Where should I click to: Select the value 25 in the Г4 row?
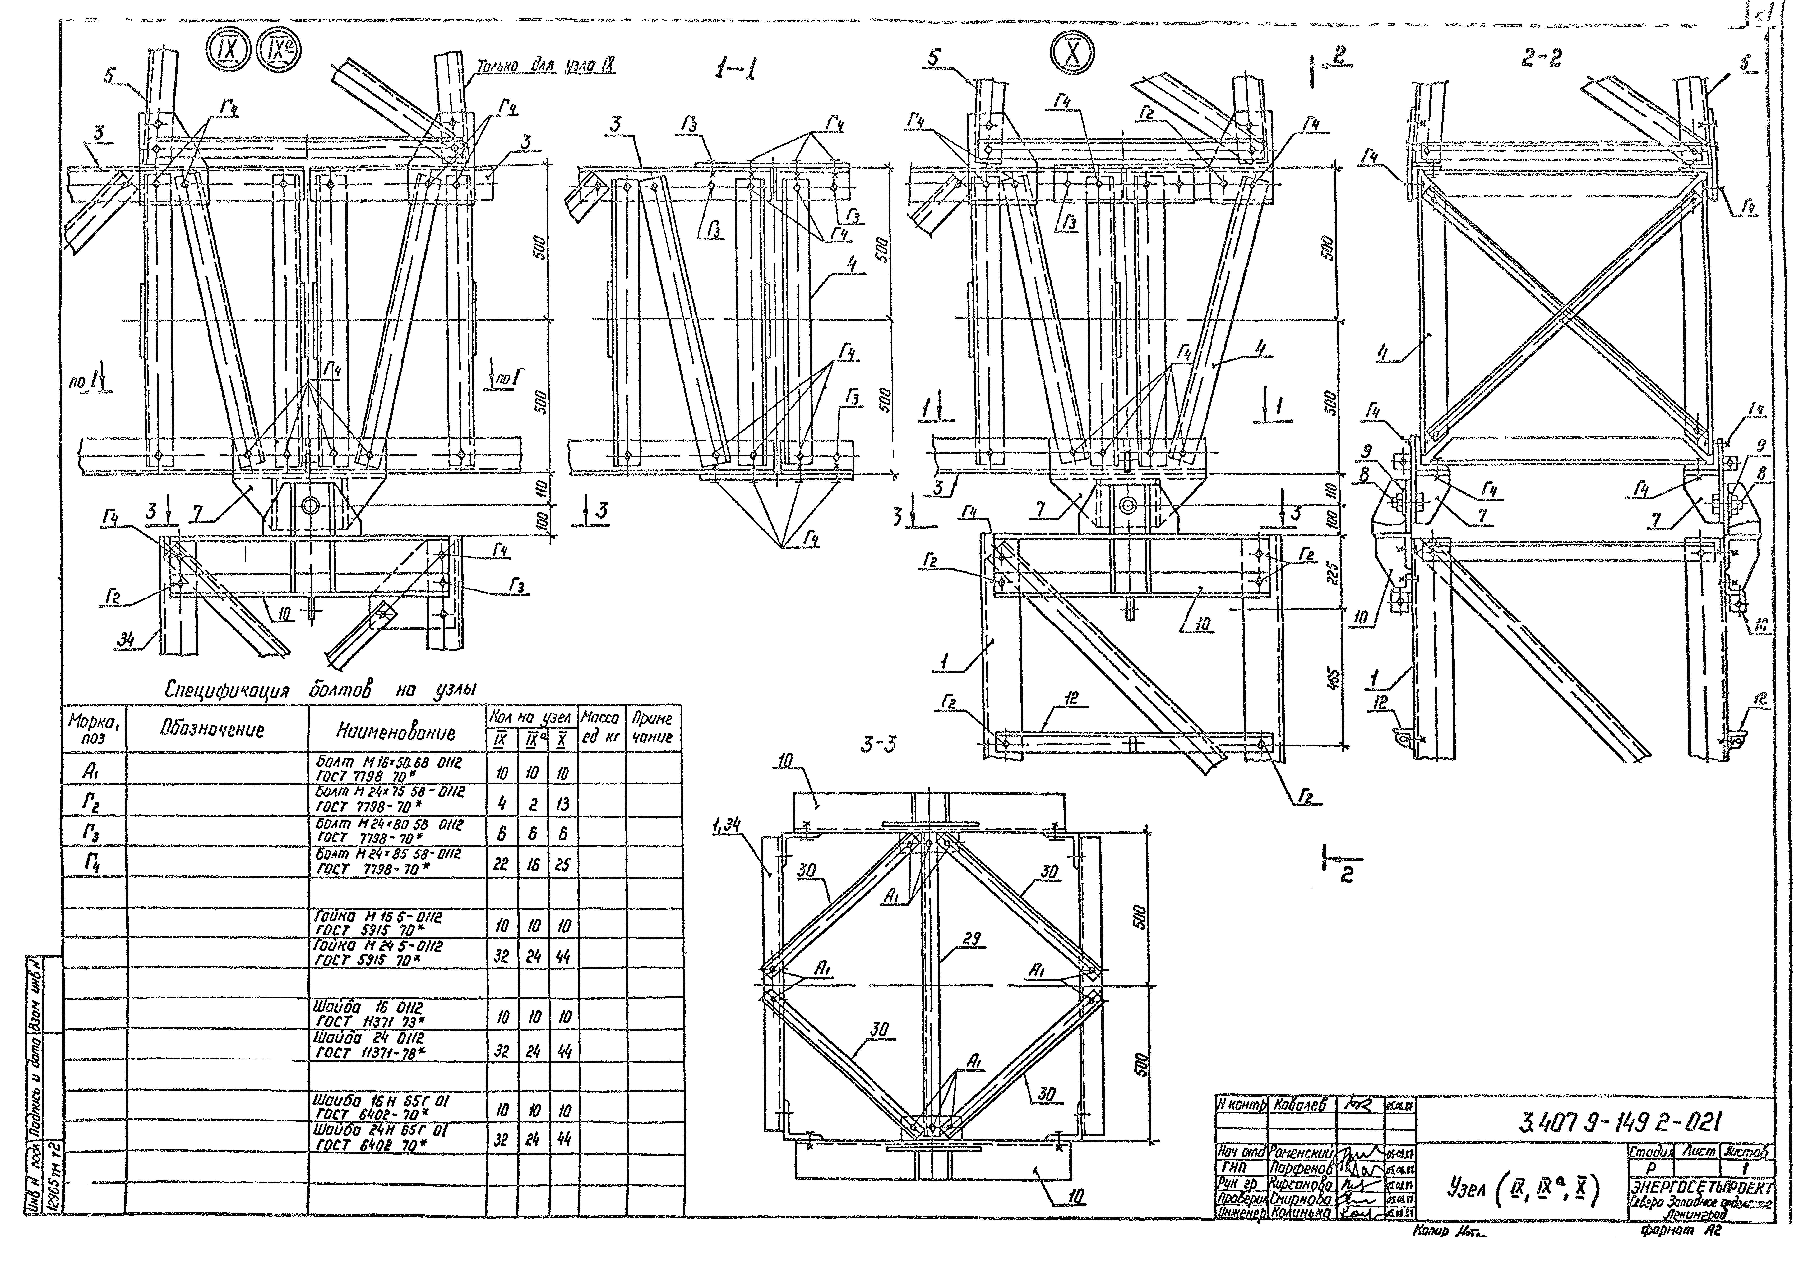[562, 865]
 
